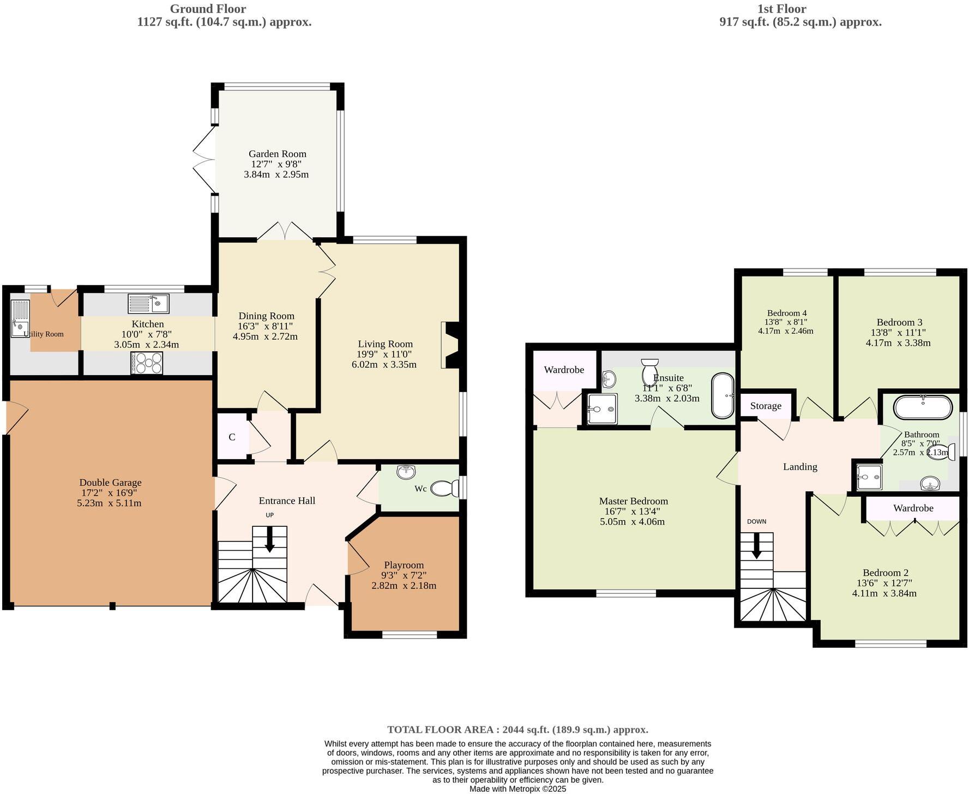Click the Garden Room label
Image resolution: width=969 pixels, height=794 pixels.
pyautogui.click(x=277, y=154)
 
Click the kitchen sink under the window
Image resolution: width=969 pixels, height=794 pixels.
pyautogui.click(x=149, y=303)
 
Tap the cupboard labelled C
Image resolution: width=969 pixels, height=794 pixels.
pyautogui.click(x=232, y=437)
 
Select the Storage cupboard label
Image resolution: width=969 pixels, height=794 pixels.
pyautogui.click(x=766, y=406)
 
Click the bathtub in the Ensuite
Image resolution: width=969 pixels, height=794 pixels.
pyautogui.click(x=723, y=396)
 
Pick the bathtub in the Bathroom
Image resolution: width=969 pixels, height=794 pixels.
pyautogui.click(x=923, y=407)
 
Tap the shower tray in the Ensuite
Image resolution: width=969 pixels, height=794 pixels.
pyautogui.click(x=602, y=408)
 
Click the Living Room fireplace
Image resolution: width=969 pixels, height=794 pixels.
pyautogui.click(x=450, y=345)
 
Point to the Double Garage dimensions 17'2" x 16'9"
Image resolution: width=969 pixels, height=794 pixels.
pyautogui.click(x=109, y=492)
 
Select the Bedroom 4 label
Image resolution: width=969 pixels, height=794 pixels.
pyautogui.click(x=786, y=313)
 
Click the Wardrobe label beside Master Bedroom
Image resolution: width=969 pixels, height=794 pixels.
pyautogui.click(x=564, y=370)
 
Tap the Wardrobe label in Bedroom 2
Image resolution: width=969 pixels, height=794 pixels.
pyautogui.click(x=913, y=508)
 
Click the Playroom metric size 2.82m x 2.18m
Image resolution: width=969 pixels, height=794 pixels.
pyautogui.click(x=404, y=586)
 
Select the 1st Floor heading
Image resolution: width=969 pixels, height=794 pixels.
pyautogui.click(x=781, y=9)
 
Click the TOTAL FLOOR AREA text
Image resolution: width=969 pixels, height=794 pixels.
pyautogui.click(x=517, y=730)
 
